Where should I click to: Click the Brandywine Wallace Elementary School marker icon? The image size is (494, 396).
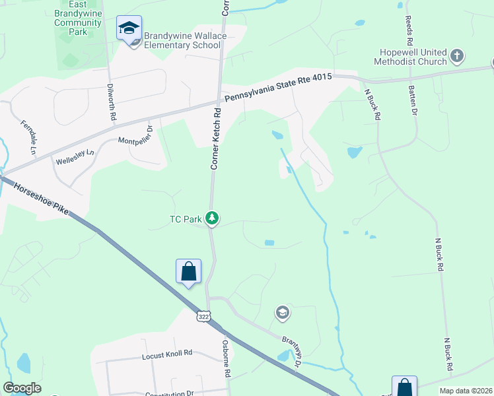pos(129,28)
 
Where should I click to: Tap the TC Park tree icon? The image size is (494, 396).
pos(212,218)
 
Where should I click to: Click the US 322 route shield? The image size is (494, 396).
pos(203,317)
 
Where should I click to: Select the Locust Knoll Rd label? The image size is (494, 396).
pos(166,354)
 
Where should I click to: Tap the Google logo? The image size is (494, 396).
pos(22,388)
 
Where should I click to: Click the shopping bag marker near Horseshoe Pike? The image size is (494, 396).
pos(188,271)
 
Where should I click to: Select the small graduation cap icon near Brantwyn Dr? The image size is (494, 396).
pos(283,312)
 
